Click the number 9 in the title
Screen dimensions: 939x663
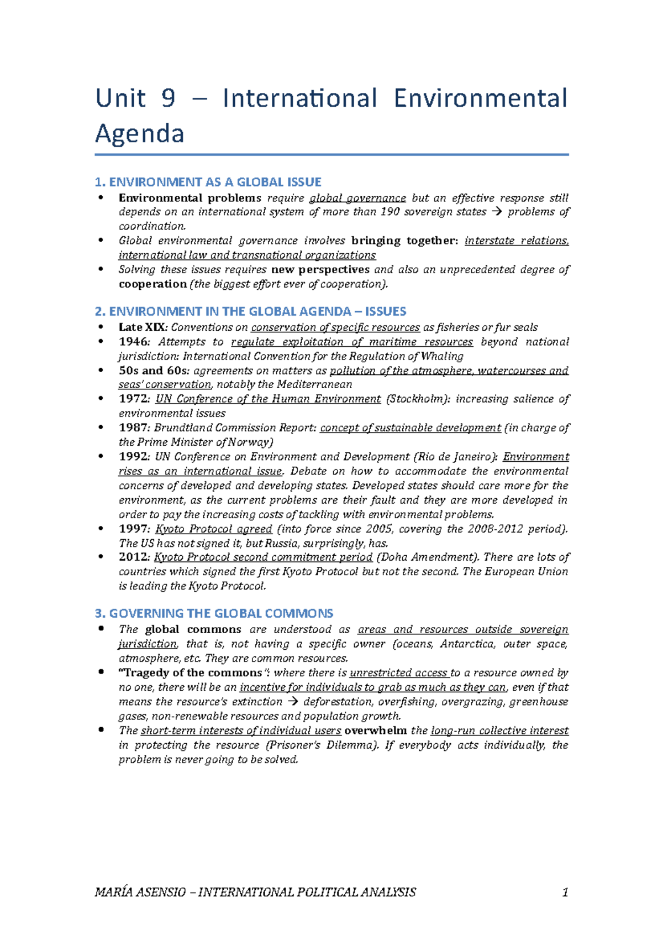click(168, 98)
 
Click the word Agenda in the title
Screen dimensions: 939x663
click(139, 134)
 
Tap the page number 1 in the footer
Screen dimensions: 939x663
click(565, 892)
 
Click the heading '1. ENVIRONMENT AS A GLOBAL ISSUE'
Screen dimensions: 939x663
click(208, 182)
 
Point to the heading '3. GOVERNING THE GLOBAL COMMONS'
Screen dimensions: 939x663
click(214, 613)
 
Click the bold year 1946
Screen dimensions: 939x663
click(133, 342)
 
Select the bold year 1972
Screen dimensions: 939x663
click(133, 399)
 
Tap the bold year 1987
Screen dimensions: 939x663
click(133, 427)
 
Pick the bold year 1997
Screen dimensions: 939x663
click(133, 529)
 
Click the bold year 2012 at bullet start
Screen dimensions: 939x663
click(133, 557)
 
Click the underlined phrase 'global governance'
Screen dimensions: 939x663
click(357, 198)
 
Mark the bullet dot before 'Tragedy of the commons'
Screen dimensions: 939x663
click(101, 672)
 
